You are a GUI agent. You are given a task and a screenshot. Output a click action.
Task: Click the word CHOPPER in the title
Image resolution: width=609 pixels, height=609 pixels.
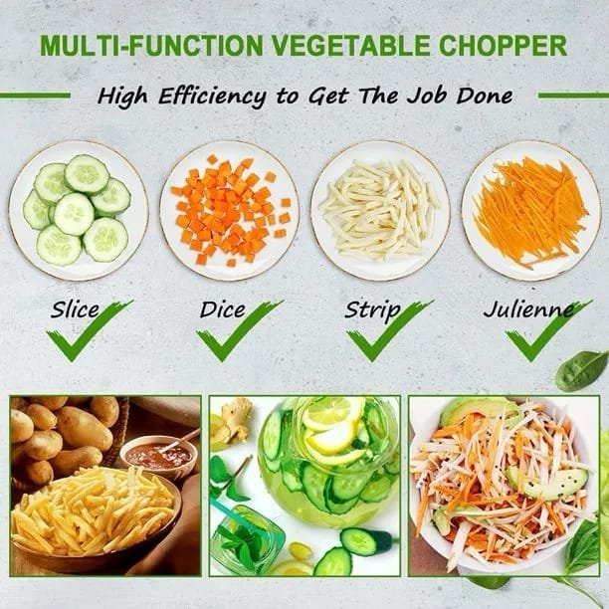[x=503, y=46]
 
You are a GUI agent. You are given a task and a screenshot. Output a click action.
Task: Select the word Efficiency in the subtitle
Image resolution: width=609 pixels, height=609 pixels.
[x=212, y=97]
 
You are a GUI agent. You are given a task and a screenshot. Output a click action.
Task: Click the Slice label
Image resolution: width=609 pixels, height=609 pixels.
[x=75, y=309]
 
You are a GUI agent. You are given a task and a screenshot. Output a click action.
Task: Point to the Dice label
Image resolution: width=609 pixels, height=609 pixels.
[x=222, y=309]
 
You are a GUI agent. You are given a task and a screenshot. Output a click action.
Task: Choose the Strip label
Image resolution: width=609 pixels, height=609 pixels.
[x=372, y=310]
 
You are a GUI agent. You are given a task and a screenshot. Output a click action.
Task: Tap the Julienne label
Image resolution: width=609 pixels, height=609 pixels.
[x=528, y=309]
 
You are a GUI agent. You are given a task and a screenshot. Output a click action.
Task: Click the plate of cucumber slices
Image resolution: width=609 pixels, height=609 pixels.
[x=79, y=210]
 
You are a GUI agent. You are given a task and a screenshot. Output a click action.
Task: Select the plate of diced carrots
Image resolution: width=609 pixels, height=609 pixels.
[x=230, y=210]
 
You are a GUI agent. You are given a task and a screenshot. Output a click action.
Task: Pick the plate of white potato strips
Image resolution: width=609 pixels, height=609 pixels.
[x=380, y=210]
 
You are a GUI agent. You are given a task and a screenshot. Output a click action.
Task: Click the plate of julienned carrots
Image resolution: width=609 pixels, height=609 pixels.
[x=531, y=210]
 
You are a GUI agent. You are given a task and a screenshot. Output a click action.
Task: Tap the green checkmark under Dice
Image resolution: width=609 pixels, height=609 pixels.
[x=240, y=331]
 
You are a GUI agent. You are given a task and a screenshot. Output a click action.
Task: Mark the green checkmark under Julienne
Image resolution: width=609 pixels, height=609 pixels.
[x=548, y=331]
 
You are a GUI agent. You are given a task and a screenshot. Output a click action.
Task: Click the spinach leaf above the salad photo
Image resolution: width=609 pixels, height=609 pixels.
[x=581, y=370]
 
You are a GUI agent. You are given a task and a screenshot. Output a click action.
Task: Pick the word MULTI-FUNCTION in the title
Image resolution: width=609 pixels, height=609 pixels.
[x=152, y=46]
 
